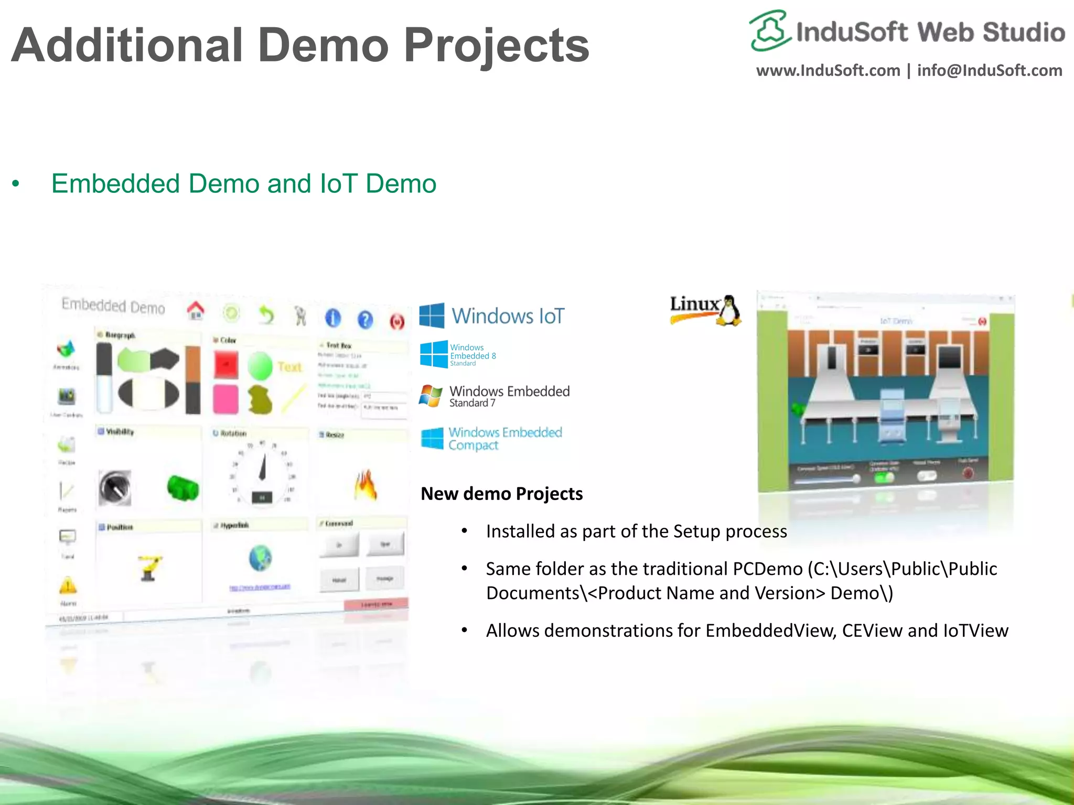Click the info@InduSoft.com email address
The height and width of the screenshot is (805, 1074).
(x=989, y=71)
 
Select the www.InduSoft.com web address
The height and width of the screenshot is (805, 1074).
(x=828, y=71)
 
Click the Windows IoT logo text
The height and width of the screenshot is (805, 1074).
(x=508, y=316)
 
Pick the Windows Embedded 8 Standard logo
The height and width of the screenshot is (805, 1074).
(x=457, y=355)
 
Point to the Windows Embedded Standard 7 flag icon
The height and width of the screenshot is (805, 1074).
(x=431, y=396)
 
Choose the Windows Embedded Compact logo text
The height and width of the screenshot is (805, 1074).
(x=504, y=439)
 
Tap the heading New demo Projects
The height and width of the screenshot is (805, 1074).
(x=501, y=494)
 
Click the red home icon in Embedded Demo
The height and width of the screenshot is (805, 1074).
(x=196, y=311)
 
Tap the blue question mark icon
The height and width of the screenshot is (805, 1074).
(x=365, y=319)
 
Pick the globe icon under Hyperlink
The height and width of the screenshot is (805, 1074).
(x=261, y=558)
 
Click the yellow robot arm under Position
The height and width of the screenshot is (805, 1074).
(x=151, y=567)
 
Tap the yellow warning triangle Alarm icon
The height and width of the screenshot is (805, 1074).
(x=68, y=585)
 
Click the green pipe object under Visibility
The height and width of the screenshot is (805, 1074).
(x=182, y=487)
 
